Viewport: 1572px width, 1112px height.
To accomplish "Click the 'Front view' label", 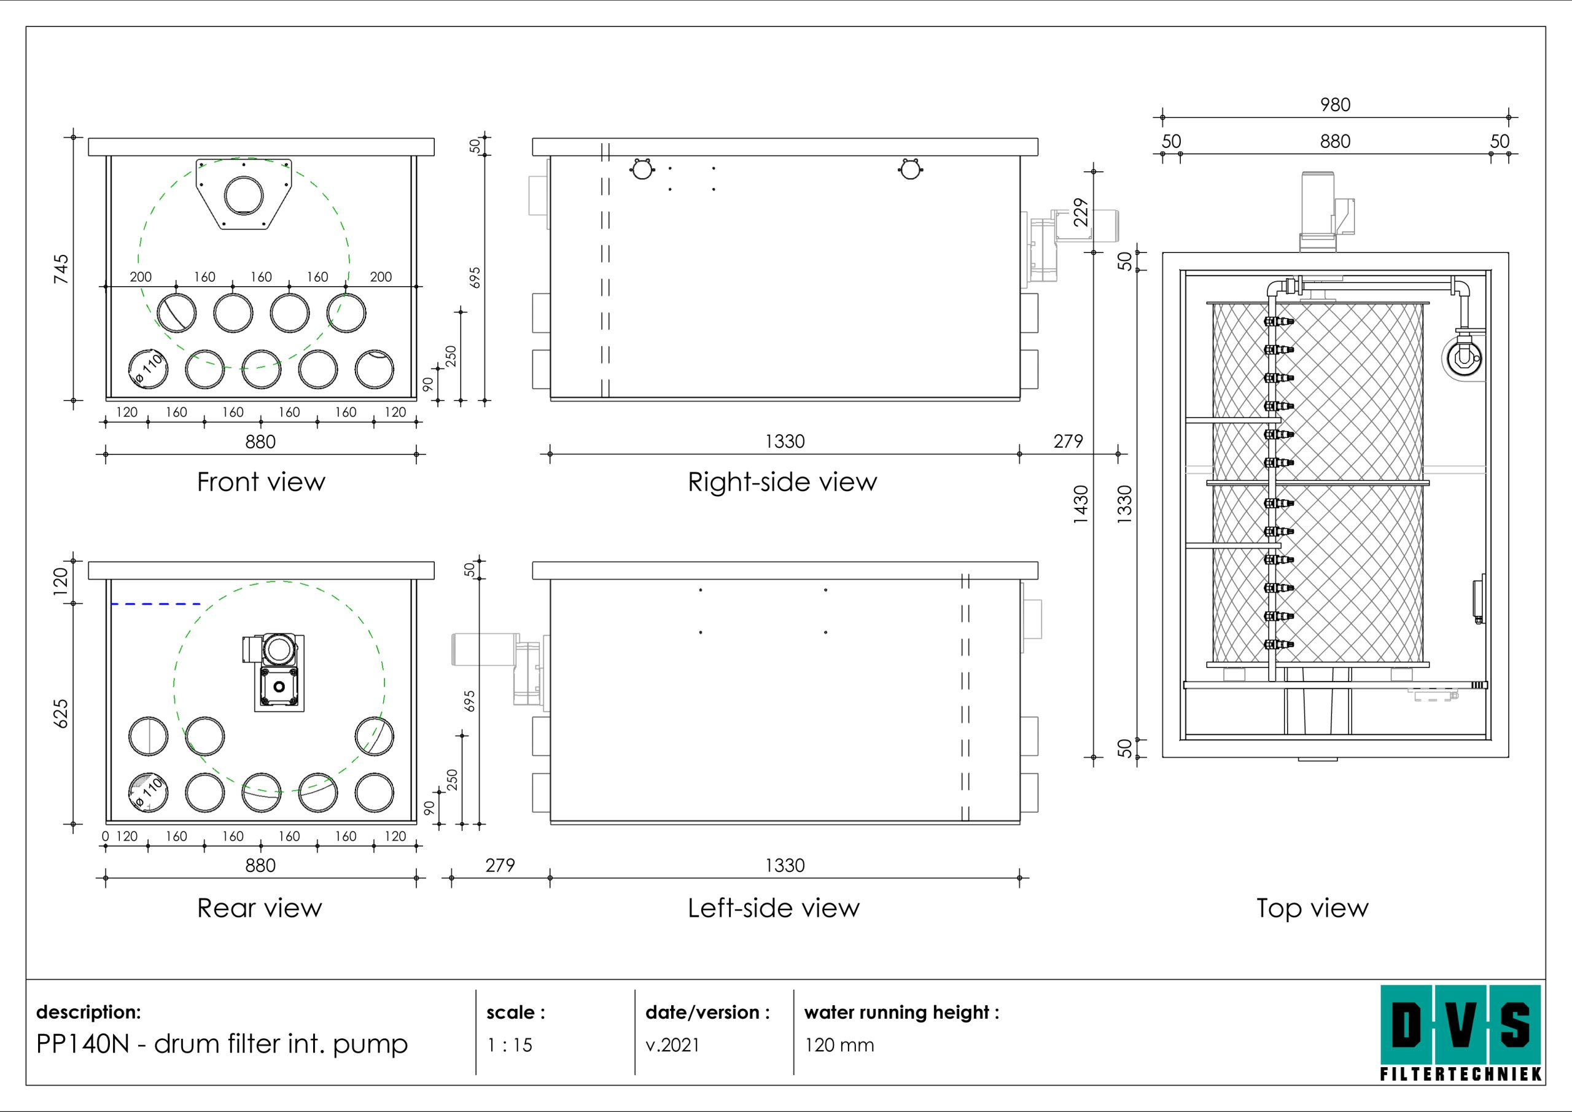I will [261, 482].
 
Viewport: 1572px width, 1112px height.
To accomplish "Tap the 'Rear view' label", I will [260, 908].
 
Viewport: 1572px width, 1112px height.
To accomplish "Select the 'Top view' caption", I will [1312, 908].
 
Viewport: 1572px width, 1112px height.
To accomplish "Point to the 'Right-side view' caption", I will [782, 482].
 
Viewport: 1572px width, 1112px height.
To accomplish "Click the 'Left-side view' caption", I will [773, 908].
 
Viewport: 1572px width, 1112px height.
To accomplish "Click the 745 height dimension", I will [61, 268].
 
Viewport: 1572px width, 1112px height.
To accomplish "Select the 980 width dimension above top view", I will [1335, 105].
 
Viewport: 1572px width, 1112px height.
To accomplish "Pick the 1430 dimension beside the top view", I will [1080, 504].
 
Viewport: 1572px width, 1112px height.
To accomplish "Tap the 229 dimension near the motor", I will [1080, 212].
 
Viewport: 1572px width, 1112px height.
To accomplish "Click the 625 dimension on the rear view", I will [61, 713].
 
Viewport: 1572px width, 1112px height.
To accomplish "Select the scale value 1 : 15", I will [510, 1045].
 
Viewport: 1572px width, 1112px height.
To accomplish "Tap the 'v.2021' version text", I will [672, 1045].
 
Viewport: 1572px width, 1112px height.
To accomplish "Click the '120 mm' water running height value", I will [839, 1045].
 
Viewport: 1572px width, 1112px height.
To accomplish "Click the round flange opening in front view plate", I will [244, 195].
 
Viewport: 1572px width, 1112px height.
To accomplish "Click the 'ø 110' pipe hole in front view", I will [149, 369].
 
